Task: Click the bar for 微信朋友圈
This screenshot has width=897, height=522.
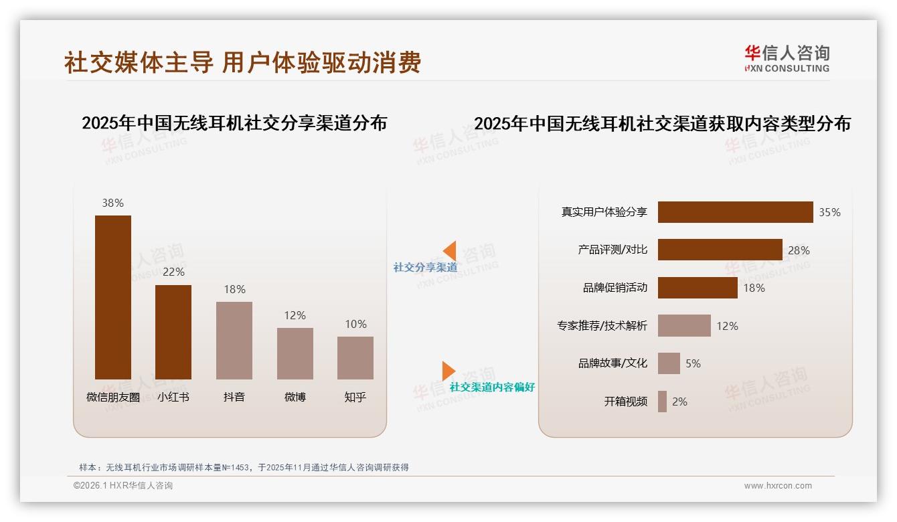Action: pyautogui.click(x=113, y=297)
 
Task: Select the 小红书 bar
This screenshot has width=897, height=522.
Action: pyautogui.click(x=173, y=332)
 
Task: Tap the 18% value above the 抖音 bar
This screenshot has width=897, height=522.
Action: pyautogui.click(x=234, y=289)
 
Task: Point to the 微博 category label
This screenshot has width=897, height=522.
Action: pyautogui.click(x=295, y=397)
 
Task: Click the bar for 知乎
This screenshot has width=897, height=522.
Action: pyautogui.click(x=355, y=358)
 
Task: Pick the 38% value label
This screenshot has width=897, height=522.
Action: pyautogui.click(x=112, y=203)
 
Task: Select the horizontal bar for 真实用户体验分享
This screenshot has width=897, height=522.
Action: pyautogui.click(x=735, y=212)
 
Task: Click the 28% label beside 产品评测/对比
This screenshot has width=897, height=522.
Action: pyautogui.click(x=799, y=250)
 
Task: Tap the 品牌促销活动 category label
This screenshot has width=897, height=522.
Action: pyautogui.click(x=615, y=288)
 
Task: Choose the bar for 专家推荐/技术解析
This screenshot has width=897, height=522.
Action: pyautogui.click(x=684, y=326)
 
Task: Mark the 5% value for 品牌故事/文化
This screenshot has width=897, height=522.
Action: pyautogui.click(x=693, y=363)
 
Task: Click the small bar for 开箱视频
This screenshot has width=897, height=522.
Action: pyautogui.click(x=662, y=402)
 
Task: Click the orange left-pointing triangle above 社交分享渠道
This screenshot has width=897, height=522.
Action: pyautogui.click(x=449, y=251)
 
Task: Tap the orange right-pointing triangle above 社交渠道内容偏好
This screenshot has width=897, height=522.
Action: pyautogui.click(x=448, y=371)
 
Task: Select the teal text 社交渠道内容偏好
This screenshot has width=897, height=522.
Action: pyautogui.click(x=492, y=387)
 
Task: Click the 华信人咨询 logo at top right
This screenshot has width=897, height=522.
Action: pyautogui.click(x=787, y=59)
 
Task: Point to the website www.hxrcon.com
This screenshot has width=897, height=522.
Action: pyautogui.click(x=778, y=486)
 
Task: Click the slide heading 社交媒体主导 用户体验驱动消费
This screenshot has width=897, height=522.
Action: pyautogui.click(x=242, y=62)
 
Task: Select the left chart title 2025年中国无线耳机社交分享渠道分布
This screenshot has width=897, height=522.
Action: pyautogui.click(x=234, y=123)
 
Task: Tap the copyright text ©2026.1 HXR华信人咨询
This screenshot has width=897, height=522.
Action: pyautogui.click(x=123, y=486)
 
